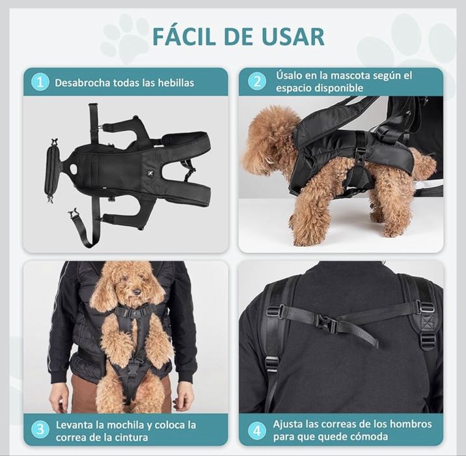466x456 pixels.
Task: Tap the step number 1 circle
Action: tap(40, 82)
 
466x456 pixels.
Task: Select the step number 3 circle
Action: tap(40, 429)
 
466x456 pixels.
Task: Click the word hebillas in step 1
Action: tap(173, 83)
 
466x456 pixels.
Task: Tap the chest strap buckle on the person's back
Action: tap(325, 321)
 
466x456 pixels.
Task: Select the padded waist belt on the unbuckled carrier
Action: tap(52, 171)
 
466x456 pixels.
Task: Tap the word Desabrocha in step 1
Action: tap(83, 83)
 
